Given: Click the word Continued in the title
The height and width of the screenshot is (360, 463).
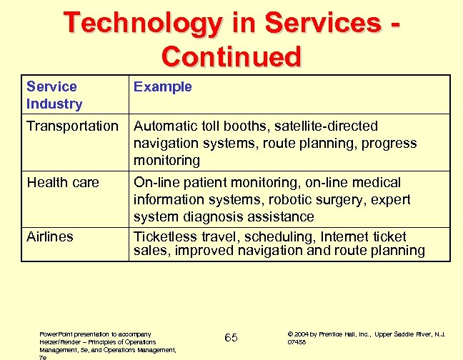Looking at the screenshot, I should tap(231, 56).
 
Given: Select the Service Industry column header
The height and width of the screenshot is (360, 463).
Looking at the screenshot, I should tap(54, 95).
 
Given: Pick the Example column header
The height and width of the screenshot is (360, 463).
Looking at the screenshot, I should tap(163, 87).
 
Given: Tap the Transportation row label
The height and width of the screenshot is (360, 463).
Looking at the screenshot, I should tap(72, 126).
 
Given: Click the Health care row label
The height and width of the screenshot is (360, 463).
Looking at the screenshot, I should tap(63, 183).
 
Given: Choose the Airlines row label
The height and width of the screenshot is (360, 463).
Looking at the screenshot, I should tap(50, 236).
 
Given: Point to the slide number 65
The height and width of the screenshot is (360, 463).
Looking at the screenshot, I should tap(231, 337).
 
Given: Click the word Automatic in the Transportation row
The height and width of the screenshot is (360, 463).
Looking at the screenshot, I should tap(164, 126).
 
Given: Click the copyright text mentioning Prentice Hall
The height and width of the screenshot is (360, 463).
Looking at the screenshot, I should tap(366, 337).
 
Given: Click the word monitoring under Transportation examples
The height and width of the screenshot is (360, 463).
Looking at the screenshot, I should tap(166, 160).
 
